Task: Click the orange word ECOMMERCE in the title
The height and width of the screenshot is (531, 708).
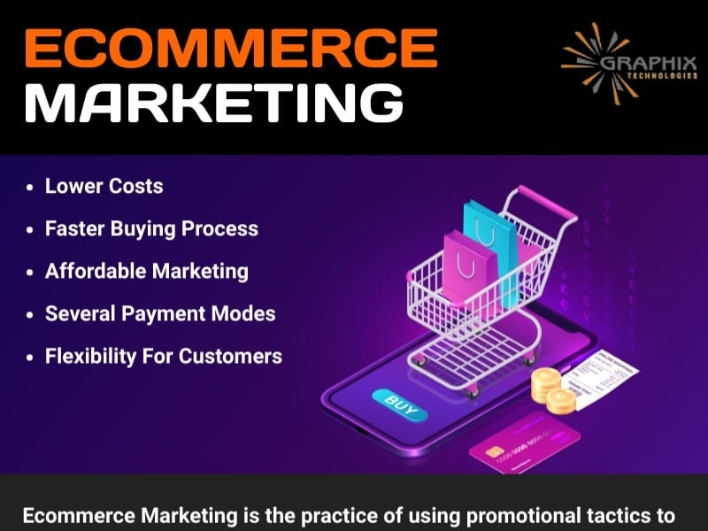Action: (x=228, y=49)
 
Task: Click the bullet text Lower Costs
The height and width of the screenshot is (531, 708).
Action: (x=104, y=187)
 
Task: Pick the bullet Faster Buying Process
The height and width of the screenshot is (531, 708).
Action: (x=151, y=228)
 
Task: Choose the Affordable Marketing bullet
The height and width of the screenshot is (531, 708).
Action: (x=147, y=271)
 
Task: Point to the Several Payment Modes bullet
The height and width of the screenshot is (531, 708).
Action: (x=160, y=313)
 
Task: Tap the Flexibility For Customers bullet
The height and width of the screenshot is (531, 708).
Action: (x=164, y=356)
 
